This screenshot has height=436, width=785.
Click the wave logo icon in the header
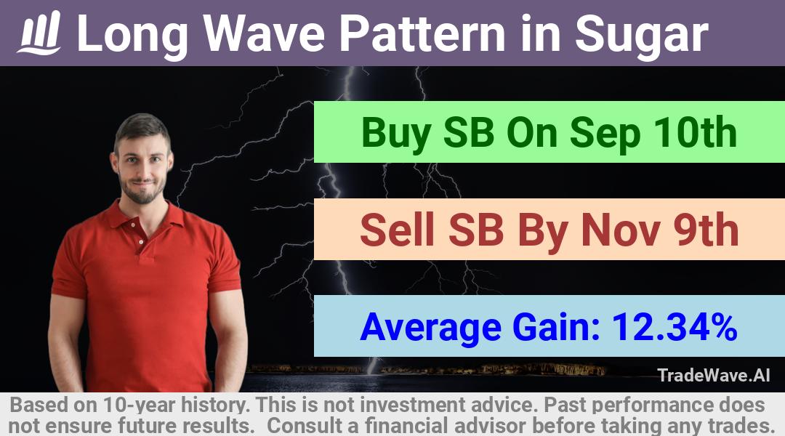click(x=39, y=33)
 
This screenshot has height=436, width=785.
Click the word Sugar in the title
click(x=641, y=35)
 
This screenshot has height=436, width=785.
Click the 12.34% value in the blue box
click(x=675, y=327)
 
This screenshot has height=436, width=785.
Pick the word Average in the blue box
click(x=430, y=328)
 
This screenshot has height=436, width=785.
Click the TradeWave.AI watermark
click(x=714, y=375)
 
